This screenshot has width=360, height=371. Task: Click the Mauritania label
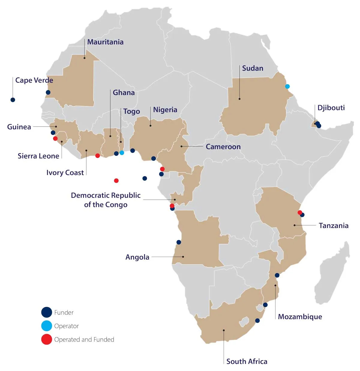point(105,42)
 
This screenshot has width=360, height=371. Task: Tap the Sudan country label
point(253,68)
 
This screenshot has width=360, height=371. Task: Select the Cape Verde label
point(34,80)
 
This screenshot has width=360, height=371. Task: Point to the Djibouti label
point(331,108)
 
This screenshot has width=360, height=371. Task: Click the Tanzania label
point(333,226)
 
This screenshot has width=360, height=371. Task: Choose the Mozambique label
point(300,317)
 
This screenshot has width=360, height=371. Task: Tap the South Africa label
point(247,361)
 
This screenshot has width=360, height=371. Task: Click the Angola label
point(137,257)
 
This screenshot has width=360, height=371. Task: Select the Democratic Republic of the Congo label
point(106,200)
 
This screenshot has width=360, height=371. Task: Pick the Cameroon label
point(223,147)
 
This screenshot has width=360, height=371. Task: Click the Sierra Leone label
point(38,156)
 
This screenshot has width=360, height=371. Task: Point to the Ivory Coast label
point(65,173)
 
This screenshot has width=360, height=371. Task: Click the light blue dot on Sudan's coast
point(287,87)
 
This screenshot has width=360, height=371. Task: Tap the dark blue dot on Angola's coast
point(179,242)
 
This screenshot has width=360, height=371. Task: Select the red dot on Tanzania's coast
point(299,212)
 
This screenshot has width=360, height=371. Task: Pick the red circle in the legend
point(46,339)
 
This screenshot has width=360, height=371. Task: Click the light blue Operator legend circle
point(46,326)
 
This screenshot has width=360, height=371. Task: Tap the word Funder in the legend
point(64,313)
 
